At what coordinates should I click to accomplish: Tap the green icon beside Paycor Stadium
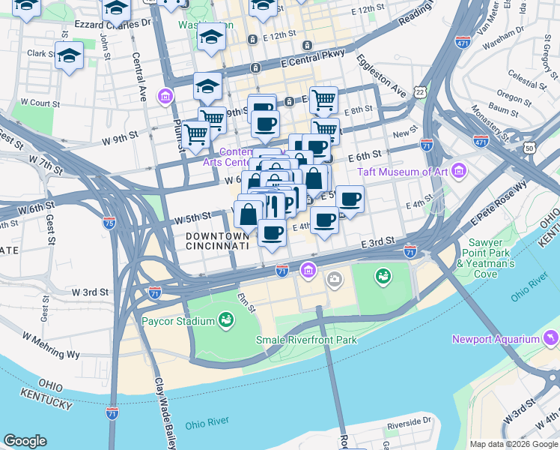coord(225,321)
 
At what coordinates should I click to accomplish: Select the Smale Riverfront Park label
coord(305,340)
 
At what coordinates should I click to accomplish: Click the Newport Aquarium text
coord(496,339)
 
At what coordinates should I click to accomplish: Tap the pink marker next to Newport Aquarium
coord(553,338)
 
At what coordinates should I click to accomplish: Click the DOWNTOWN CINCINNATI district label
coord(216,241)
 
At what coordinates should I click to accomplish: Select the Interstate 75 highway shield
coord(110,223)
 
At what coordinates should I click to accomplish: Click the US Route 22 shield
coord(421,91)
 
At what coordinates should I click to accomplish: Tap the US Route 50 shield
coord(531,148)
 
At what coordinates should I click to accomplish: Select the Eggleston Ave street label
coord(381,75)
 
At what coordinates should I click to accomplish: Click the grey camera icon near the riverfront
coord(334,280)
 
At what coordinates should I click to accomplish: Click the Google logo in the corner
coord(25,441)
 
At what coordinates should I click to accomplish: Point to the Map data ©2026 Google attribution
coord(513,444)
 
